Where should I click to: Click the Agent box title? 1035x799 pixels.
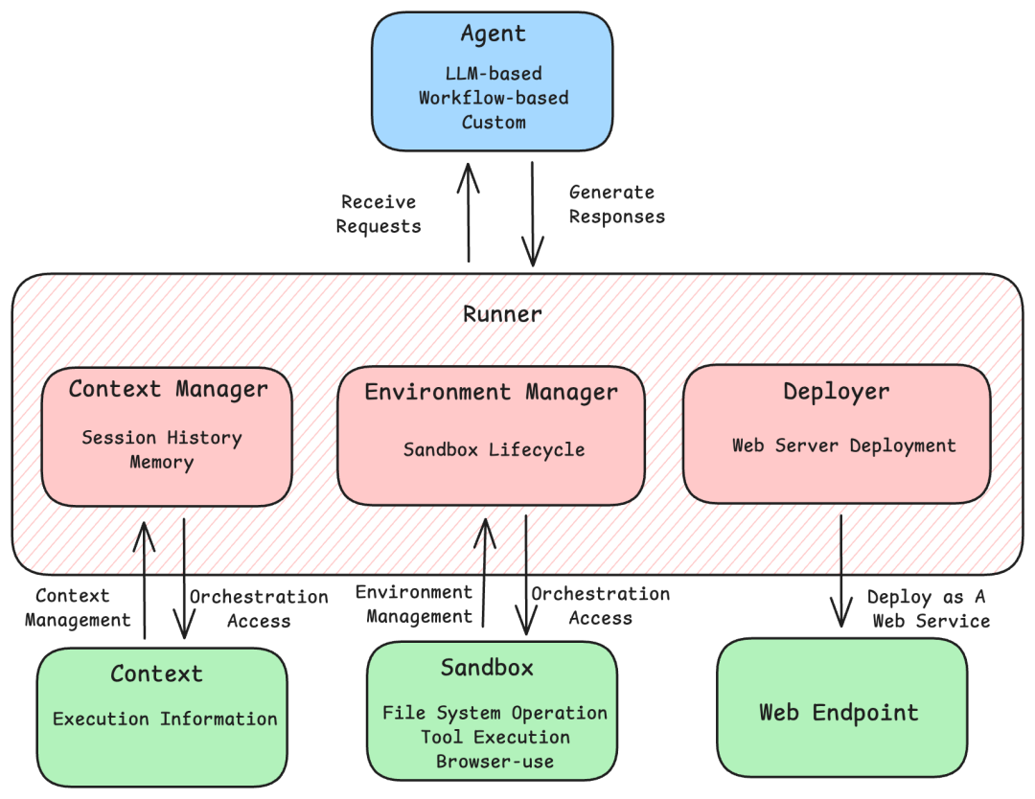click(x=494, y=34)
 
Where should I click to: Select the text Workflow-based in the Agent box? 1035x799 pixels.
click(x=494, y=98)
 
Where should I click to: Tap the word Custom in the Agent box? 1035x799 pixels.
click(x=494, y=123)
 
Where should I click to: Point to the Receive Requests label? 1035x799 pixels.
click(x=379, y=215)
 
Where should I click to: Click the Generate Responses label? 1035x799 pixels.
click(x=616, y=204)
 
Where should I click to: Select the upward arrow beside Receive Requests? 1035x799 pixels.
click(x=469, y=213)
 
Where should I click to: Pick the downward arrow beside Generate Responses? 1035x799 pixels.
click(x=532, y=213)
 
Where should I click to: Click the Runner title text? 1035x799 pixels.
click(x=503, y=314)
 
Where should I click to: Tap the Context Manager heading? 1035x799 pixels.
click(x=168, y=389)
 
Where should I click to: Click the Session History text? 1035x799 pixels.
click(x=162, y=438)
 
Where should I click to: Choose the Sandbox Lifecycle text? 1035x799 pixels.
click(x=494, y=449)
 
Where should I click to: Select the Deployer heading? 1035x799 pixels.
click(x=836, y=391)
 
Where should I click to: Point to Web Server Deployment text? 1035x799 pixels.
click(x=843, y=445)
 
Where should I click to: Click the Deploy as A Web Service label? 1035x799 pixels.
click(x=928, y=608)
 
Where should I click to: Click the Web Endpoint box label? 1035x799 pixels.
click(x=839, y=713)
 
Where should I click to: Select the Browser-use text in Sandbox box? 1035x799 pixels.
click(x=494, y=762)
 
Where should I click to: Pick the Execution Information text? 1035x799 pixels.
click(x=165, y=719)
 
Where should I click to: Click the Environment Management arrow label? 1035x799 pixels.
click(x=414, y=605)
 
